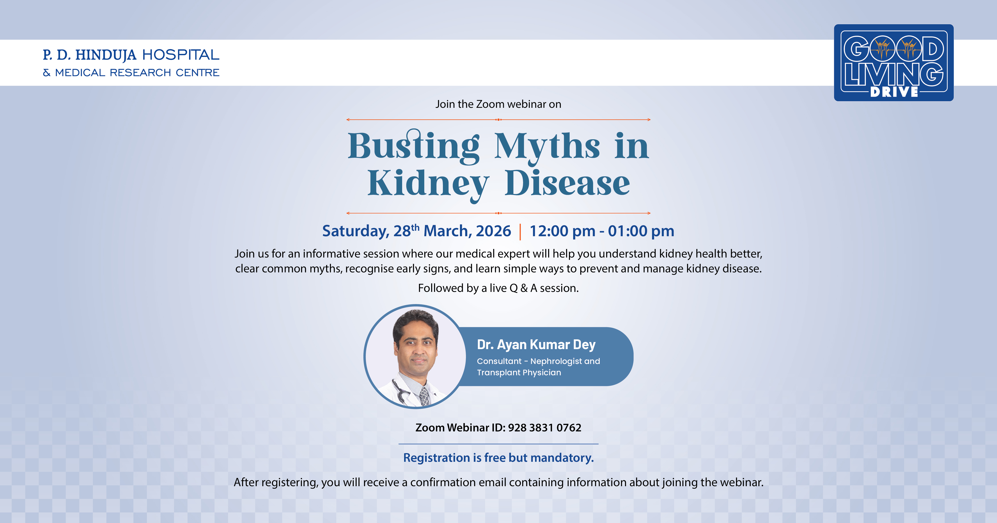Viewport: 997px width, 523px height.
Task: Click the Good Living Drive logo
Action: tap(894, 63)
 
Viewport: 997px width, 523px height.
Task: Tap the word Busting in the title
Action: tap(414, 146)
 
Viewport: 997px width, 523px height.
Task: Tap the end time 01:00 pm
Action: tap(641, 231)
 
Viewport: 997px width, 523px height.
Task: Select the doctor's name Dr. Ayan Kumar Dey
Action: tap(536, 344)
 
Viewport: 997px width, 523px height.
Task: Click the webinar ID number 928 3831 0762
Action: tap(545, 428)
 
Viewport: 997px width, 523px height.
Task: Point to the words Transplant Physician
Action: tap(519, 373)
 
